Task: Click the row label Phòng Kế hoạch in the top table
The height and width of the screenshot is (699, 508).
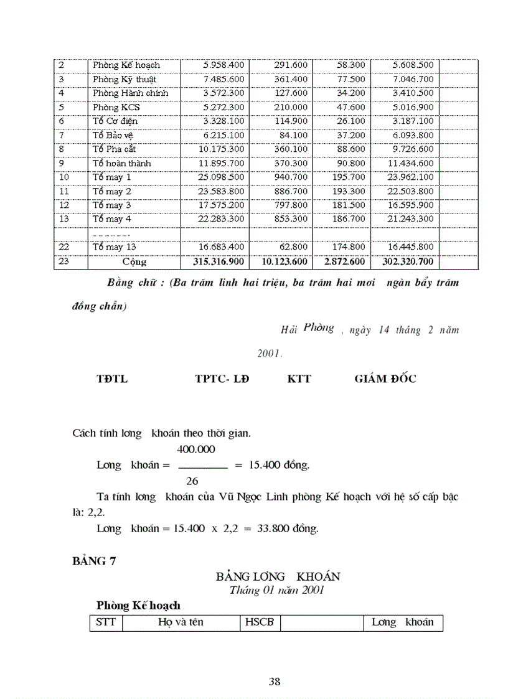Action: pos(126,65)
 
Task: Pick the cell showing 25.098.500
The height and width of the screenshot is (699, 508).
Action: pos(221,177)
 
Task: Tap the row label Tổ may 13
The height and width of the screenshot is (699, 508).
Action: pos(115,247)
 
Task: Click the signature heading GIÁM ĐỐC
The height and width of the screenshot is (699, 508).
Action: pos(385,379)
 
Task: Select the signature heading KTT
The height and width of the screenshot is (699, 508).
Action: pos(299,379)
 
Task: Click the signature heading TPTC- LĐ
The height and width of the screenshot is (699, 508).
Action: pos(222,379)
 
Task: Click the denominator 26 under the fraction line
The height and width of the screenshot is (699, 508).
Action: pos(192,481)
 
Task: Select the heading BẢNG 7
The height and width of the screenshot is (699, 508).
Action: pos(94,560)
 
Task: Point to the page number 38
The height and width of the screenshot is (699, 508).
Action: pos(275,681)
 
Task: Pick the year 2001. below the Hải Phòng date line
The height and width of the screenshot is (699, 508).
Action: pos(270,353)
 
